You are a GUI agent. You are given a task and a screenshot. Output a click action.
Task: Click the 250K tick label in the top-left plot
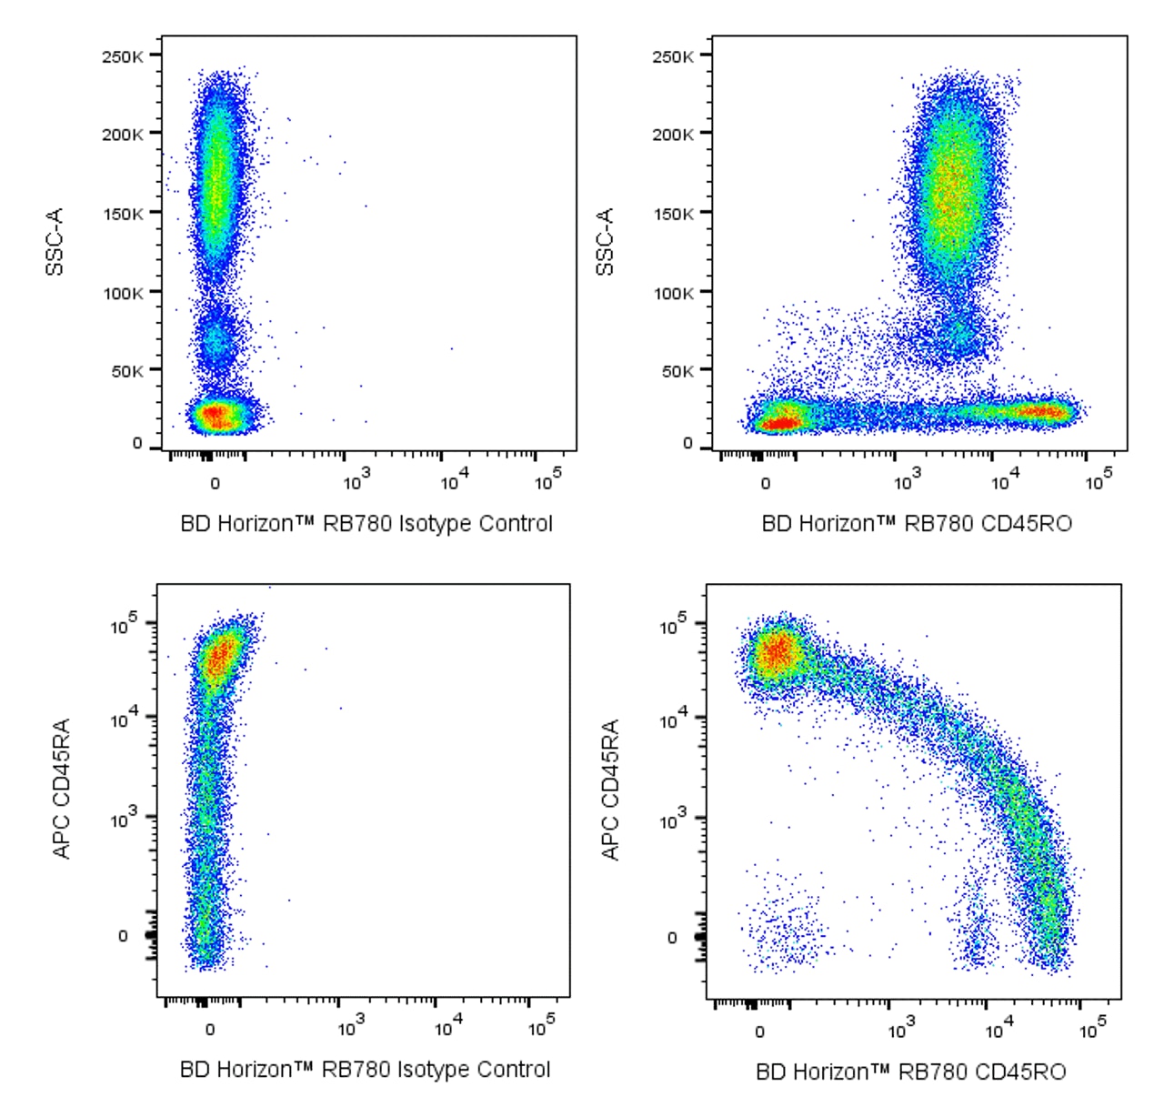[122, 56]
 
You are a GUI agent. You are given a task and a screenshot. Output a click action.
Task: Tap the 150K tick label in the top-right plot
[672, 214]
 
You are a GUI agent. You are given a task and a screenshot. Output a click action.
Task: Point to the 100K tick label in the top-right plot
[672, 293]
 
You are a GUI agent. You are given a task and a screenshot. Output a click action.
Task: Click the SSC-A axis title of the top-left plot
[55, 241]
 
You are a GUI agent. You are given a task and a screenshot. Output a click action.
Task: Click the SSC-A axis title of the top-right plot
[606, 241]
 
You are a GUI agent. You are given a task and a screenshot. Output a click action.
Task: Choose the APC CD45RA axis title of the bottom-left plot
[62, 789]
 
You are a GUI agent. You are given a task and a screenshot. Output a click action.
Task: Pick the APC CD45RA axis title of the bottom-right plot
[610, 789]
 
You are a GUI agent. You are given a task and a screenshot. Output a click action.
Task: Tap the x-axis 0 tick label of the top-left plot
[215, 483]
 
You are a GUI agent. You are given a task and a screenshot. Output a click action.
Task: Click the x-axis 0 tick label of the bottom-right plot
[760, 1031]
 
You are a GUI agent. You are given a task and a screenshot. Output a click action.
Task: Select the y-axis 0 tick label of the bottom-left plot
[124, 936]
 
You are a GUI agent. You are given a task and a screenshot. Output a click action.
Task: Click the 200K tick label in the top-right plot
[672, 135]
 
